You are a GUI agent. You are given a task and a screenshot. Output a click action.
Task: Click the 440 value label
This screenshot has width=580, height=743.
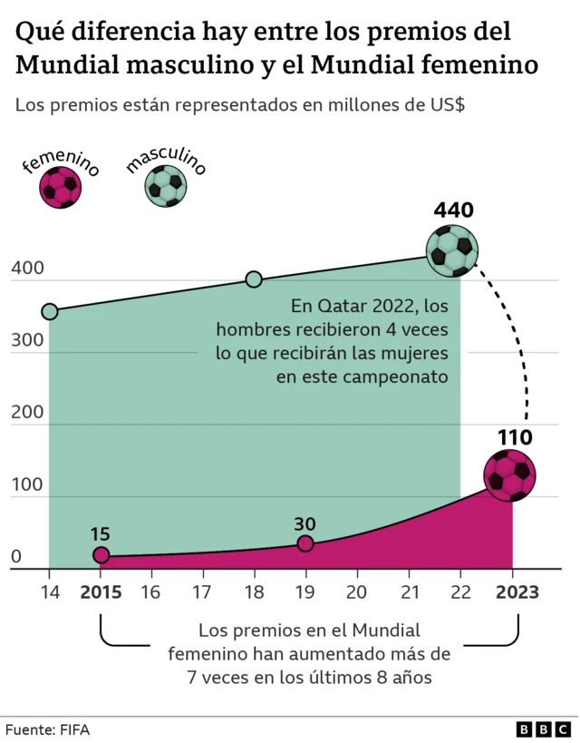pos(453,211)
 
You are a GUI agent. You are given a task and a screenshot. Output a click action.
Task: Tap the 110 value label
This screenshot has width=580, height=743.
pos(514,437)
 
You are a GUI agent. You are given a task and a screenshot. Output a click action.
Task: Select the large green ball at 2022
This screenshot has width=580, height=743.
pos(452,250)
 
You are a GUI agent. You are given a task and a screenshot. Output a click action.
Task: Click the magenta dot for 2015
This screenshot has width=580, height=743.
pos(101,555)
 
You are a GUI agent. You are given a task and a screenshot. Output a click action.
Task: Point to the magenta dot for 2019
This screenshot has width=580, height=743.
pos(305,543)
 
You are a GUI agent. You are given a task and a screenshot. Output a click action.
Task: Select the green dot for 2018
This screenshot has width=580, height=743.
pos(254,279)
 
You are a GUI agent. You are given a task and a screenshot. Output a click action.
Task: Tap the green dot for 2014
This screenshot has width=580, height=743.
pos(50,312)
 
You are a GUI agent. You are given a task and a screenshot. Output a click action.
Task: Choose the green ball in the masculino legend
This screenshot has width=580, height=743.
pos(165,186)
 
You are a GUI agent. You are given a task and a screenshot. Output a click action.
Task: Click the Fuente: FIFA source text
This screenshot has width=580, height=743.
pos(48,729)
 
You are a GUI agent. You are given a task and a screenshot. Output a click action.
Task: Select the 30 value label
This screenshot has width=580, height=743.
pos(305,523)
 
